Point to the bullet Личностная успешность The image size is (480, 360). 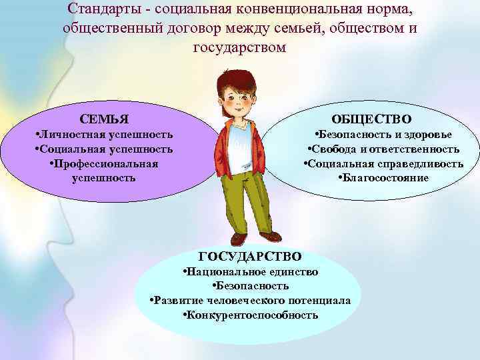pos(103,135)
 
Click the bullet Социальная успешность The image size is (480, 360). pos(103,149)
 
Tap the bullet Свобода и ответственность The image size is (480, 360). pos(383,149)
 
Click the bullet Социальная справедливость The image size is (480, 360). pos(383,164)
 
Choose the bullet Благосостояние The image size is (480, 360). pos(383,178)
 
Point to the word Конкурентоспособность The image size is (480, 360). pos(253,315)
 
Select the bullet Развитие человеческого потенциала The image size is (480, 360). pos(250,301)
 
